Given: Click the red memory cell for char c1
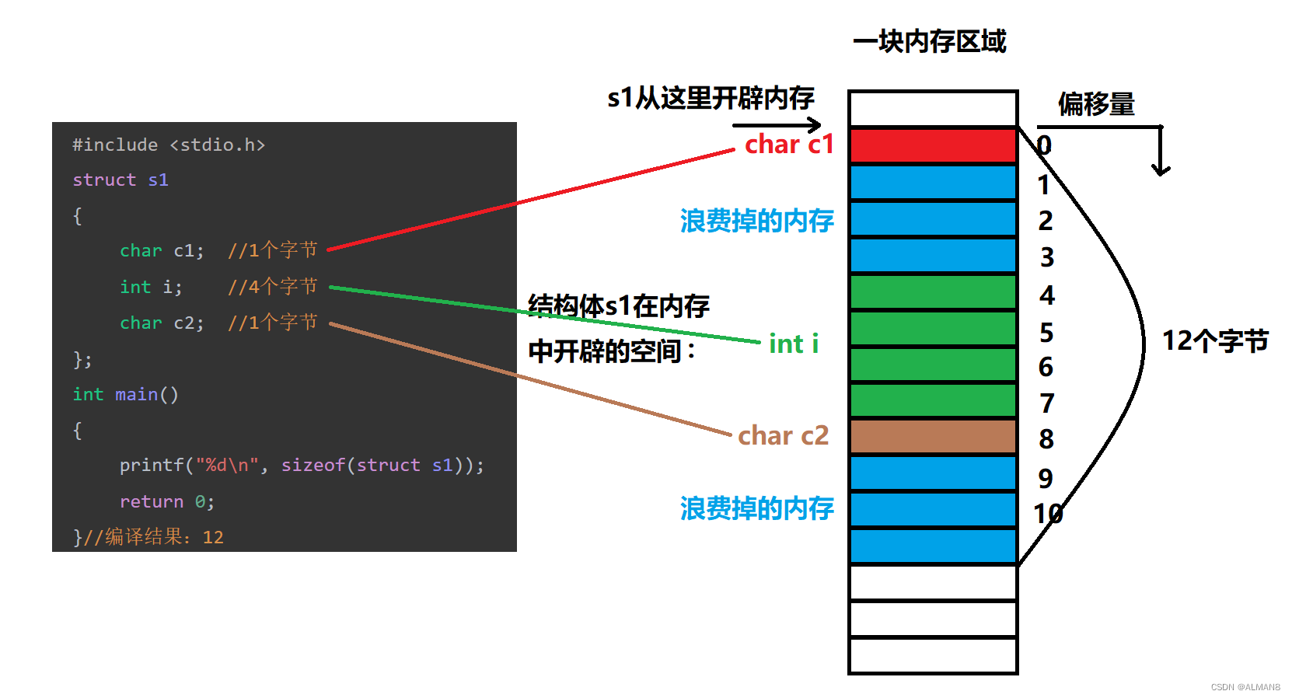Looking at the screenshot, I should click(x=933, y=145).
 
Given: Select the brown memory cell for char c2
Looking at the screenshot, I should click(x=933, y=436).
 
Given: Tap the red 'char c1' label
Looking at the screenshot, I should click(x=788, y=145).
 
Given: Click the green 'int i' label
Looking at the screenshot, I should click(x=793, y=344).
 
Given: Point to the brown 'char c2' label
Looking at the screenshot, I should click(x=783, y=435).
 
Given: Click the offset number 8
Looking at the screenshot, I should click(x=1046, y=439).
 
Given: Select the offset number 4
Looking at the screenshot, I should click(x=1047, y=295).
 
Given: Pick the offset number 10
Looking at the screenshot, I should click(x=1048, y=513).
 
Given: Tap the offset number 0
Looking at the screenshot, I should click(x=1044, y=145).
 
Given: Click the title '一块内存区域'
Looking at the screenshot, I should click(x=929, y=41).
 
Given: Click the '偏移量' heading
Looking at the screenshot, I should click(x=1096, y=104).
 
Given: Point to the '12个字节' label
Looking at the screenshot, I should click(x=1215, y=340).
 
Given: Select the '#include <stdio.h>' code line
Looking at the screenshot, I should click(x=169, y=145).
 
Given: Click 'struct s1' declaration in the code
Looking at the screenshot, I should click(x=120, y=180).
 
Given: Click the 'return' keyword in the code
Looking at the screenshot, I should click(x=152, y=502).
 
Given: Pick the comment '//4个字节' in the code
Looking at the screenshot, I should click(x=272, y=287).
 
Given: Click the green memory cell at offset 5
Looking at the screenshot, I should click(x=933, y=328).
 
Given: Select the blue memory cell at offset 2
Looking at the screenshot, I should click(x=933, y=219).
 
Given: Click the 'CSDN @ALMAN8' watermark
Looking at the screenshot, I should click(x=1245, y=687).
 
